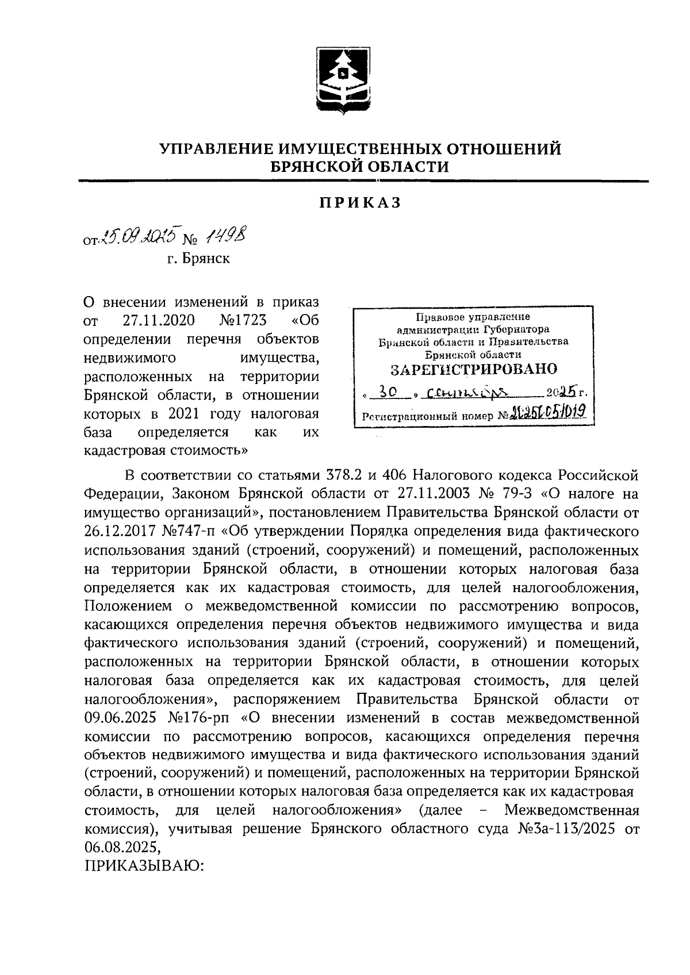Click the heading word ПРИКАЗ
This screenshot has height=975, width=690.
[x=360, y=203]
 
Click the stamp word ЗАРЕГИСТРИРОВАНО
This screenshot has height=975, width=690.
[x=474, y=368]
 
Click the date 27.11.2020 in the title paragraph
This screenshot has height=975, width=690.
[x=159, y=320]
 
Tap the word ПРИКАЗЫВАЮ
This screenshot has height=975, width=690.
[x=144, y=866]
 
